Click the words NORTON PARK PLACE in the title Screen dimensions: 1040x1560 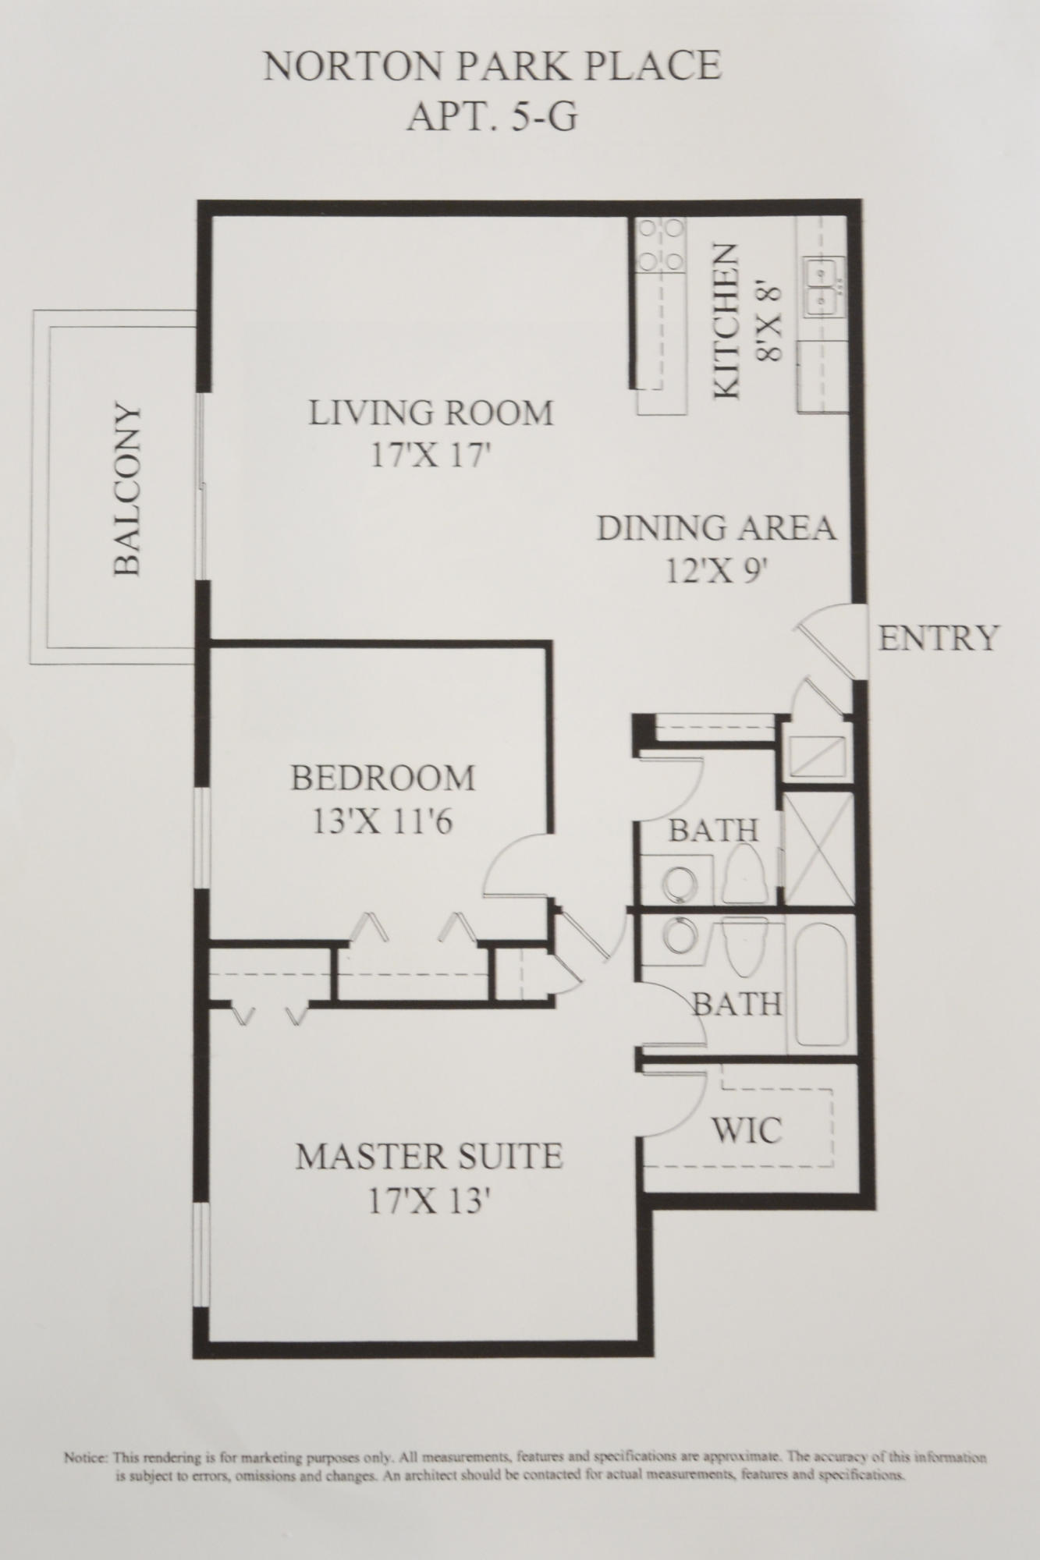[492, 67]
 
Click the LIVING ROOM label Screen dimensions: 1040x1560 [431, 413]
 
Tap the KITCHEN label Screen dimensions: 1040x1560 [726, 322]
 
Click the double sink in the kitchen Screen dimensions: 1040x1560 [822, 286]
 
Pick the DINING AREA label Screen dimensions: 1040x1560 [716, 528]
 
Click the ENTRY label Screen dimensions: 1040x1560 [939, 638]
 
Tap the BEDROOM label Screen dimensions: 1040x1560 [383, 778]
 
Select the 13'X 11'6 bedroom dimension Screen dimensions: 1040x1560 [382, 821]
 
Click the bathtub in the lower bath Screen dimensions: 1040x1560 [822, 985]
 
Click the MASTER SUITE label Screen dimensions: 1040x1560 [429, 1156]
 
